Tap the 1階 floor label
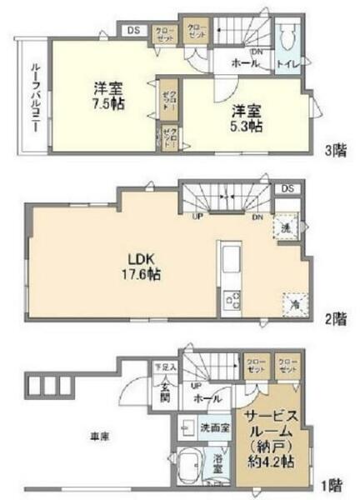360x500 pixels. (335, 482)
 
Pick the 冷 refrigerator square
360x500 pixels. (292, 305)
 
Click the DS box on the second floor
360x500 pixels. (287, 188)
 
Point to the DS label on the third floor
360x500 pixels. (134, 32)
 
